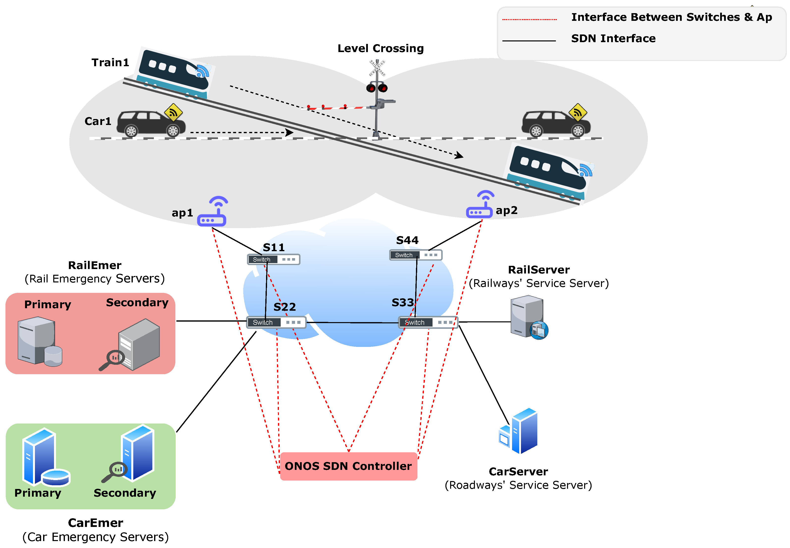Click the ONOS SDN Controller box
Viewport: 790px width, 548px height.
(x=348, y=466)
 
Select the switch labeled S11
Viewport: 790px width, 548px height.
(x=273, y=259)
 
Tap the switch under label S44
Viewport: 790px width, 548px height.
(x=415, y=255)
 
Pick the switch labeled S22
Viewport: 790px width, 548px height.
(x=276, y=322)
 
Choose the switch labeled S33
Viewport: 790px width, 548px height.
(x=428, y=322)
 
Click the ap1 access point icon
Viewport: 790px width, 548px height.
(x=213, y=212)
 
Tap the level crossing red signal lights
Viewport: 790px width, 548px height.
(x=377, y=88)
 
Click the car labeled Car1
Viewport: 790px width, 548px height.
(x=151, y=123)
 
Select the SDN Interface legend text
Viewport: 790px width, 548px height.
(x=613, y=38)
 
